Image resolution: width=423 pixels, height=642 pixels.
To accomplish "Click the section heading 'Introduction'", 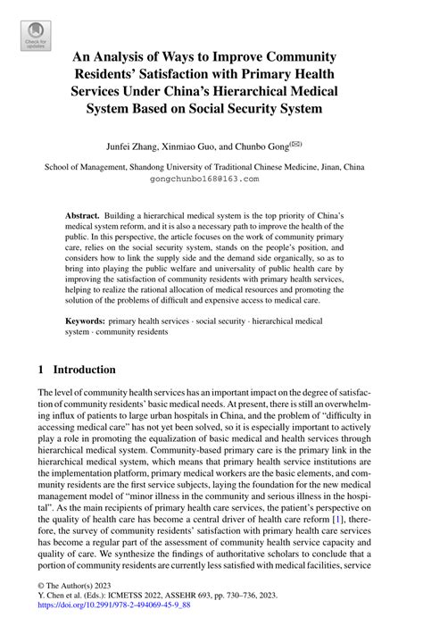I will pyautogui.click(x=84, y=369).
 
